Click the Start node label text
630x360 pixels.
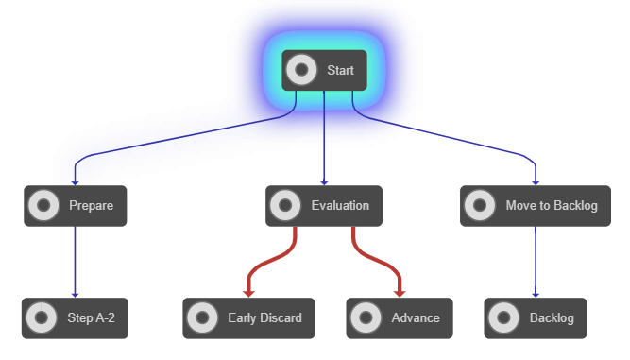pos(340,70)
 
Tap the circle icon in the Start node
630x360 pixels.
pos(301,70)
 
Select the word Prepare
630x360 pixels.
pos(91,205)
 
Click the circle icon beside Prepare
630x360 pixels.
pos(43,205)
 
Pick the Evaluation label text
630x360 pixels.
pos(340,205)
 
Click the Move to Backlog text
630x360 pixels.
pos(552,205)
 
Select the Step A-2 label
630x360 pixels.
pos(92,318)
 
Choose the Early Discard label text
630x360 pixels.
pos(264,318)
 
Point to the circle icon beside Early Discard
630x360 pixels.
pos(202,318)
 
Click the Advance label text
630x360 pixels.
pos(416,318)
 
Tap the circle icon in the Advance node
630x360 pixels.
pos(366,318)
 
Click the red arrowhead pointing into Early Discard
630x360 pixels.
pos(248,293)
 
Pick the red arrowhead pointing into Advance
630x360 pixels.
pos(399,293)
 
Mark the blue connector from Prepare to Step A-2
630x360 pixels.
pos(75,260)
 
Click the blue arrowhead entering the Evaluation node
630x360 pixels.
pos(324,181)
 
